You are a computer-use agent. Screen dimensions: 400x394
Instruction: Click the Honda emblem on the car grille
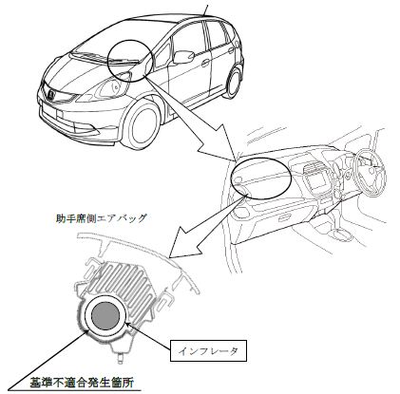coord(50,94)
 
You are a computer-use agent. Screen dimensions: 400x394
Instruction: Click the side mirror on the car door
coord(184,56)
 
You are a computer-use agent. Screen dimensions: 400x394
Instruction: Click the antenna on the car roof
coord(206,10)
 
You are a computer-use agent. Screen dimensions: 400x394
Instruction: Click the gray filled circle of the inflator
coord(105,316)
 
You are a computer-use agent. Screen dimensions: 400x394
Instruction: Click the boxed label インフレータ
coord(208,350)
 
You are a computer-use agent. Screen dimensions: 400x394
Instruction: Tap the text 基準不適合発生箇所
coord(82,383)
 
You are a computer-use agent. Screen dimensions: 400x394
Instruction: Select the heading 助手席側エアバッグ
coord(102,218)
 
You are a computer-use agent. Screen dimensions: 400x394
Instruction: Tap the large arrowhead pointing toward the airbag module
coord(188,240)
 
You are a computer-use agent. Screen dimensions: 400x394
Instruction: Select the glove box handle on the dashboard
coord(286,218)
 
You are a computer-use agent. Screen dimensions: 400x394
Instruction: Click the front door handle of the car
coord(206,63)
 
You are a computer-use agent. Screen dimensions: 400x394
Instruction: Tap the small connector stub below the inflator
coord(121,358)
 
